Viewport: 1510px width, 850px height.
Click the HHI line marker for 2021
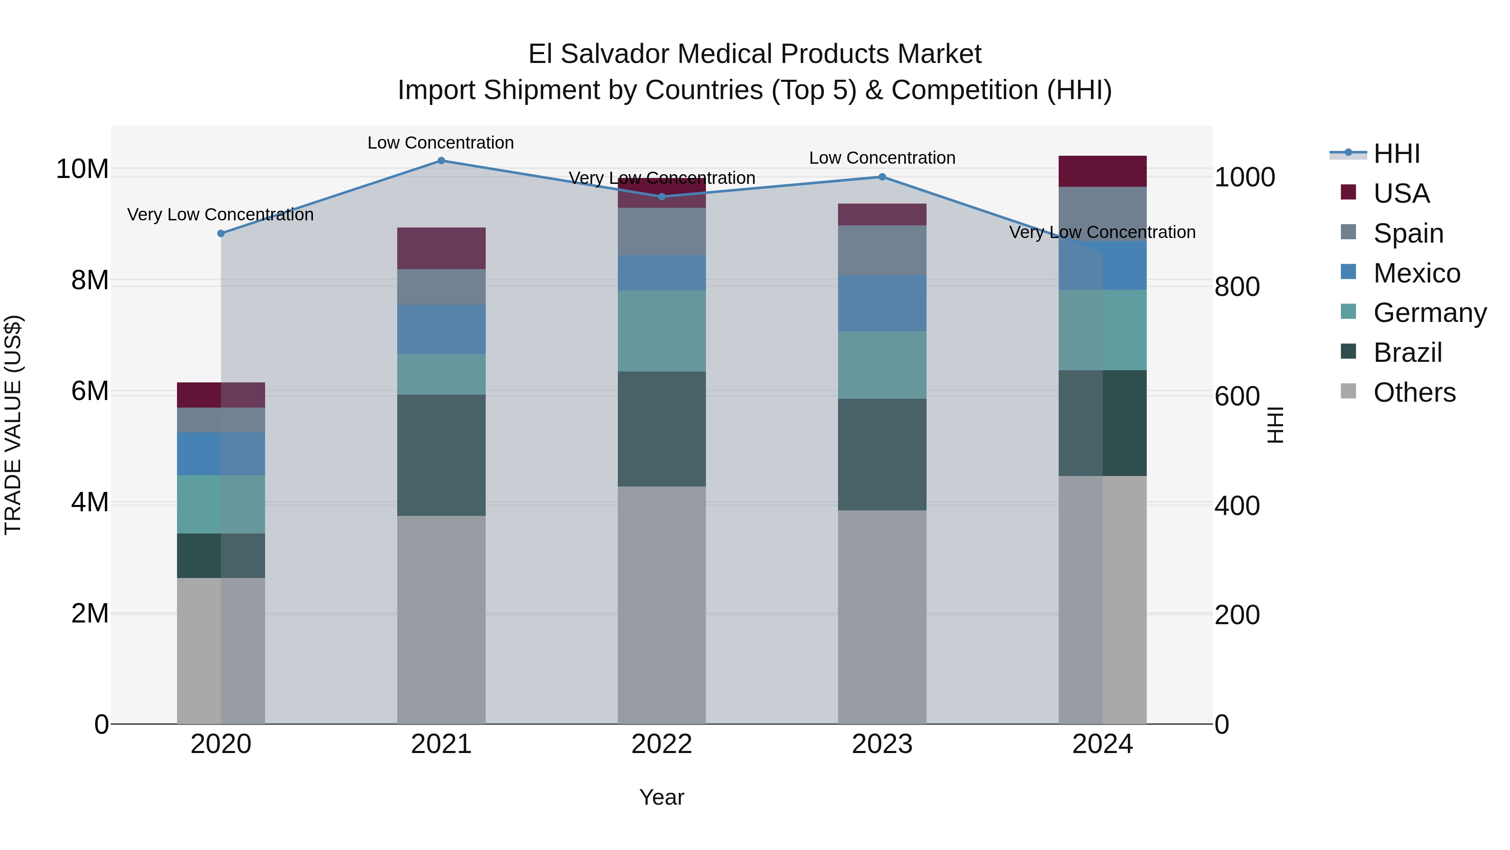click(x=441, y=161)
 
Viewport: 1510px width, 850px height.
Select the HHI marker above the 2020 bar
click(x=221, y=233)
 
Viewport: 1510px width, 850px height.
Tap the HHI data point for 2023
click(x=882, y=177)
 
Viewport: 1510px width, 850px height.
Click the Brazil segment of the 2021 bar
click(x=441, y=455)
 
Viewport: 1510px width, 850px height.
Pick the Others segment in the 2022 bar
click(x=662, y=604)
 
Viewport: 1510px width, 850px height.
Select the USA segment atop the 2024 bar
click(x=1103, y=171)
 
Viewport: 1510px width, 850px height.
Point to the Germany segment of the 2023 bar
click(x=882, y=365)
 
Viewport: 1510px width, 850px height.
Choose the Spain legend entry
click(x=1408, y=233)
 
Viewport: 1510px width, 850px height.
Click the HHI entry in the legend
click(x=1397, y=154)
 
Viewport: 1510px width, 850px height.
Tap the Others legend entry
click(x=1414, y=392)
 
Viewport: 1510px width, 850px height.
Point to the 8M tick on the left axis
click(x=90, y=280)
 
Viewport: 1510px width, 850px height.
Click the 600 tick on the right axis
click(x=1237, y=397)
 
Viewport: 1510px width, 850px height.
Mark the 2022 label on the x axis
click(x=662, y=744)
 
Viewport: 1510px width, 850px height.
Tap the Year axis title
click(x=662, y=797)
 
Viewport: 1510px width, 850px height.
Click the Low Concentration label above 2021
click(x=441, y=143)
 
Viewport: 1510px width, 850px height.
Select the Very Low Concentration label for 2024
click(x=1102, y=232)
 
